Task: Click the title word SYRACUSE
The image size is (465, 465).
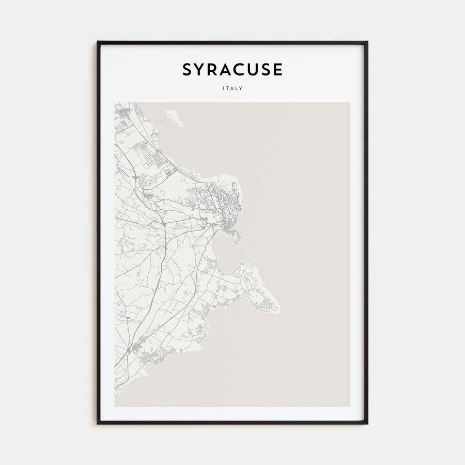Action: [x=232, y=69]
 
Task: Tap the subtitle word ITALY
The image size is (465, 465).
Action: [x=233, y=88]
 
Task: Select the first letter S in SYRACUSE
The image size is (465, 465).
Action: [x=187, y=69]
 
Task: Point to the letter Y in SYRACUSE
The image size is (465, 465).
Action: [x=201, y=69]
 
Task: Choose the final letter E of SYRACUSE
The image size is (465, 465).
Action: [x=278, y=69]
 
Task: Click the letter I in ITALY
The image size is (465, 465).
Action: [x=223, y=88]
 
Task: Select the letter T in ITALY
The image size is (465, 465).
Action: [x=227, y=88]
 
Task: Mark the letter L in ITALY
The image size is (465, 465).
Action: [x=237, y=88]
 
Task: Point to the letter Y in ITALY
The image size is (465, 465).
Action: [x=242, y=88]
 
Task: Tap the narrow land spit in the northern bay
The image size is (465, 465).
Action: [x=173, y=117]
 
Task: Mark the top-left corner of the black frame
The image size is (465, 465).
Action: [x=98, y=42]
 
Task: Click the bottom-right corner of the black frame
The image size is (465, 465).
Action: [x=367, y=423]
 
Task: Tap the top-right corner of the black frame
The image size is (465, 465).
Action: [x=367, y=42]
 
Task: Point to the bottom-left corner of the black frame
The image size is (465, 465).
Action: [x=98, y=423]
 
